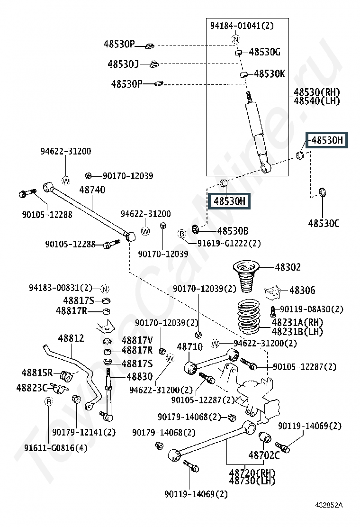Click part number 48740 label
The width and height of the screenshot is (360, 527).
[92, 190]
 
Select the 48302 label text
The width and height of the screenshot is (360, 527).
[288, 267]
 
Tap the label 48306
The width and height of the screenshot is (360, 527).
[302, 290]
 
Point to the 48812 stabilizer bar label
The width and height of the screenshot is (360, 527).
[71, 338]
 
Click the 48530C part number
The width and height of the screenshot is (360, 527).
[324, 223]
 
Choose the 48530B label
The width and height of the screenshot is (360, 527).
[233, 231]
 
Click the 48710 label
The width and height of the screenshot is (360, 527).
[189, 347]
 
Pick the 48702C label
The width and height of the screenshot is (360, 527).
[264, 455]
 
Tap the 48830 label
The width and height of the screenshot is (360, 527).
[139, 377]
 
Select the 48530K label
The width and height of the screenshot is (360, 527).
[270, 73]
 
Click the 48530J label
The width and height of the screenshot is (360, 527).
[123, 64]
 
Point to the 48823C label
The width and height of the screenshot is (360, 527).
[32, 388]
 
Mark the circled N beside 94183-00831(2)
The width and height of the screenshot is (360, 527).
[105, 289]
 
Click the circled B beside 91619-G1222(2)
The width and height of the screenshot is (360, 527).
[181, 233]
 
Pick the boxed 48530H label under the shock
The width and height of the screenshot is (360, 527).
[229, 201]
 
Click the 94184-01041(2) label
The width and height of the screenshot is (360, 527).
[242, 26]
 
